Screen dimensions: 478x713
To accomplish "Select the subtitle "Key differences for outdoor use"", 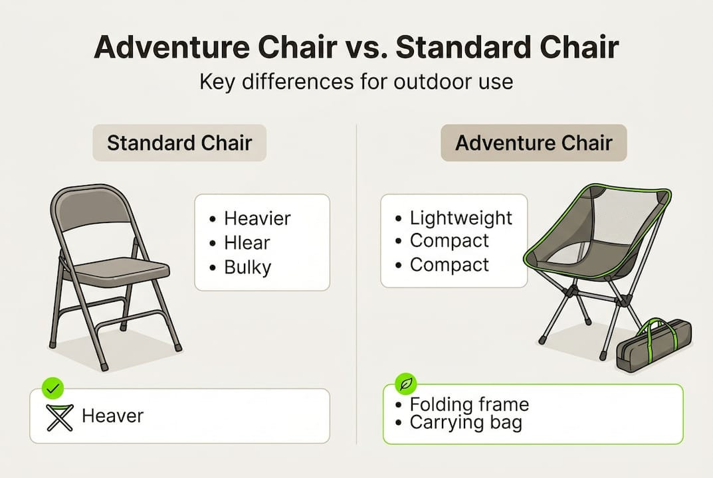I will [x=356, y=82].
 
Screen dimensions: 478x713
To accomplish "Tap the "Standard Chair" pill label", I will [x=179, y=143].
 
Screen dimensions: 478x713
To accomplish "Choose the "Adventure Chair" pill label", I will [x=534, y=143].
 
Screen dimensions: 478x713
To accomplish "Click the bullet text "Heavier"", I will [x=257, y=218].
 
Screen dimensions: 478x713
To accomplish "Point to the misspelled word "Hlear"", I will [x=247, y=243].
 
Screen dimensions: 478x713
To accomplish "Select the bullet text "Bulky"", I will [x=247, y=268].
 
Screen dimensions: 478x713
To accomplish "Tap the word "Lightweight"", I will [x=460, y=218].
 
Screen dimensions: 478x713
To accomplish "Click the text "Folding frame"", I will [x=469, y=404].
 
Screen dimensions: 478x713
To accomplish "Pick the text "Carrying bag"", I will [x=465, y=423].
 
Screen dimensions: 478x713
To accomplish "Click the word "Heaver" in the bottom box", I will [x=112, y=416].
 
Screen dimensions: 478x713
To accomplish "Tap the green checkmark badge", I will [x=51, y=387].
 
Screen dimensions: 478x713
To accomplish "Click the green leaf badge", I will [x=404, y=384].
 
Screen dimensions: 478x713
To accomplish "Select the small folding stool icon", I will [x=60, y=417].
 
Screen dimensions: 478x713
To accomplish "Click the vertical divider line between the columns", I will [x=357, y=279].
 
